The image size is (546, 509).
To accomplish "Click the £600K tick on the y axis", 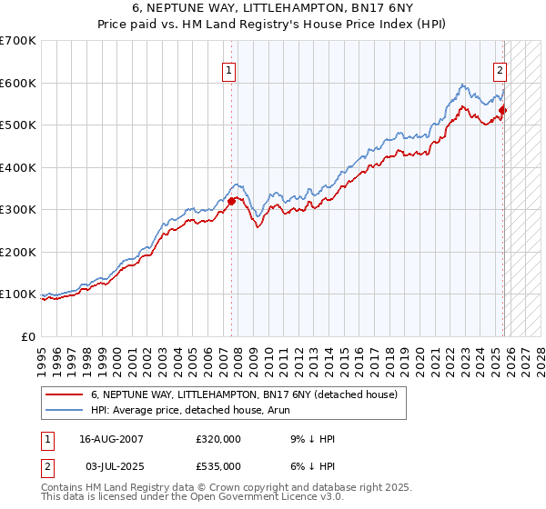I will [x=17, y=83].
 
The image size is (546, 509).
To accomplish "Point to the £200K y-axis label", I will [x=17, y=252].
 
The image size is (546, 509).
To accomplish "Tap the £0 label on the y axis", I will [x=28, y=336].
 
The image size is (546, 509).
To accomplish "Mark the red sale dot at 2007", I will [x=232, y=202].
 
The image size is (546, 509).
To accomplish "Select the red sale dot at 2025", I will [x=502, y=111].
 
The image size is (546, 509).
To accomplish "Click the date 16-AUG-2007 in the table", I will [x=111, y=439].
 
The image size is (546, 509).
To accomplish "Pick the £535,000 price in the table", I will [x=218, y=466].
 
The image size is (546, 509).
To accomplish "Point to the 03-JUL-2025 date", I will [x=111, y=466].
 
